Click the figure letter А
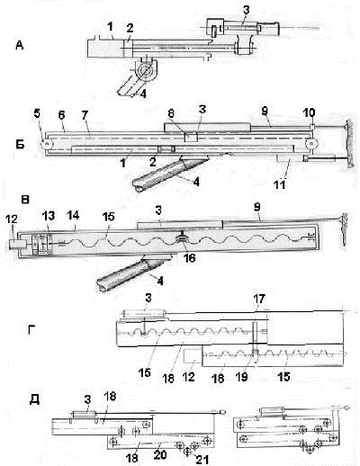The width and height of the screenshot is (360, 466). click(20, 46)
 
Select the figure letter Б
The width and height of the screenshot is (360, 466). click(20, 144)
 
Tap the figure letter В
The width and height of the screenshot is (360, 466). click(25, 200)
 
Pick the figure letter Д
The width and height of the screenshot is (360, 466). click(34, 400)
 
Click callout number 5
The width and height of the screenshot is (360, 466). click(37, 115)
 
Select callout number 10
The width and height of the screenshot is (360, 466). click(310, 113)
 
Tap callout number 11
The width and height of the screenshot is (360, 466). click(280, 184)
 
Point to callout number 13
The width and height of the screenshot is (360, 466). click(49, 216)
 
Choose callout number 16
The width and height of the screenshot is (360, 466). click(189, 257)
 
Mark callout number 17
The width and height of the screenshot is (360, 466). click(259, 299)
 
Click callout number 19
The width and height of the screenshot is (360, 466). click(242, 377)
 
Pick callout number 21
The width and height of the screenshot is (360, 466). click(202, 460)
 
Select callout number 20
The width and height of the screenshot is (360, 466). click(160, 454)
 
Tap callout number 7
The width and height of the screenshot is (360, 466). click(85, 115)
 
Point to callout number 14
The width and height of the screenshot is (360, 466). click(73, 215)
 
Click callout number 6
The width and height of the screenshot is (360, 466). click(61, 115)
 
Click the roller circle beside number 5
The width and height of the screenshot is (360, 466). click(46, 144)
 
